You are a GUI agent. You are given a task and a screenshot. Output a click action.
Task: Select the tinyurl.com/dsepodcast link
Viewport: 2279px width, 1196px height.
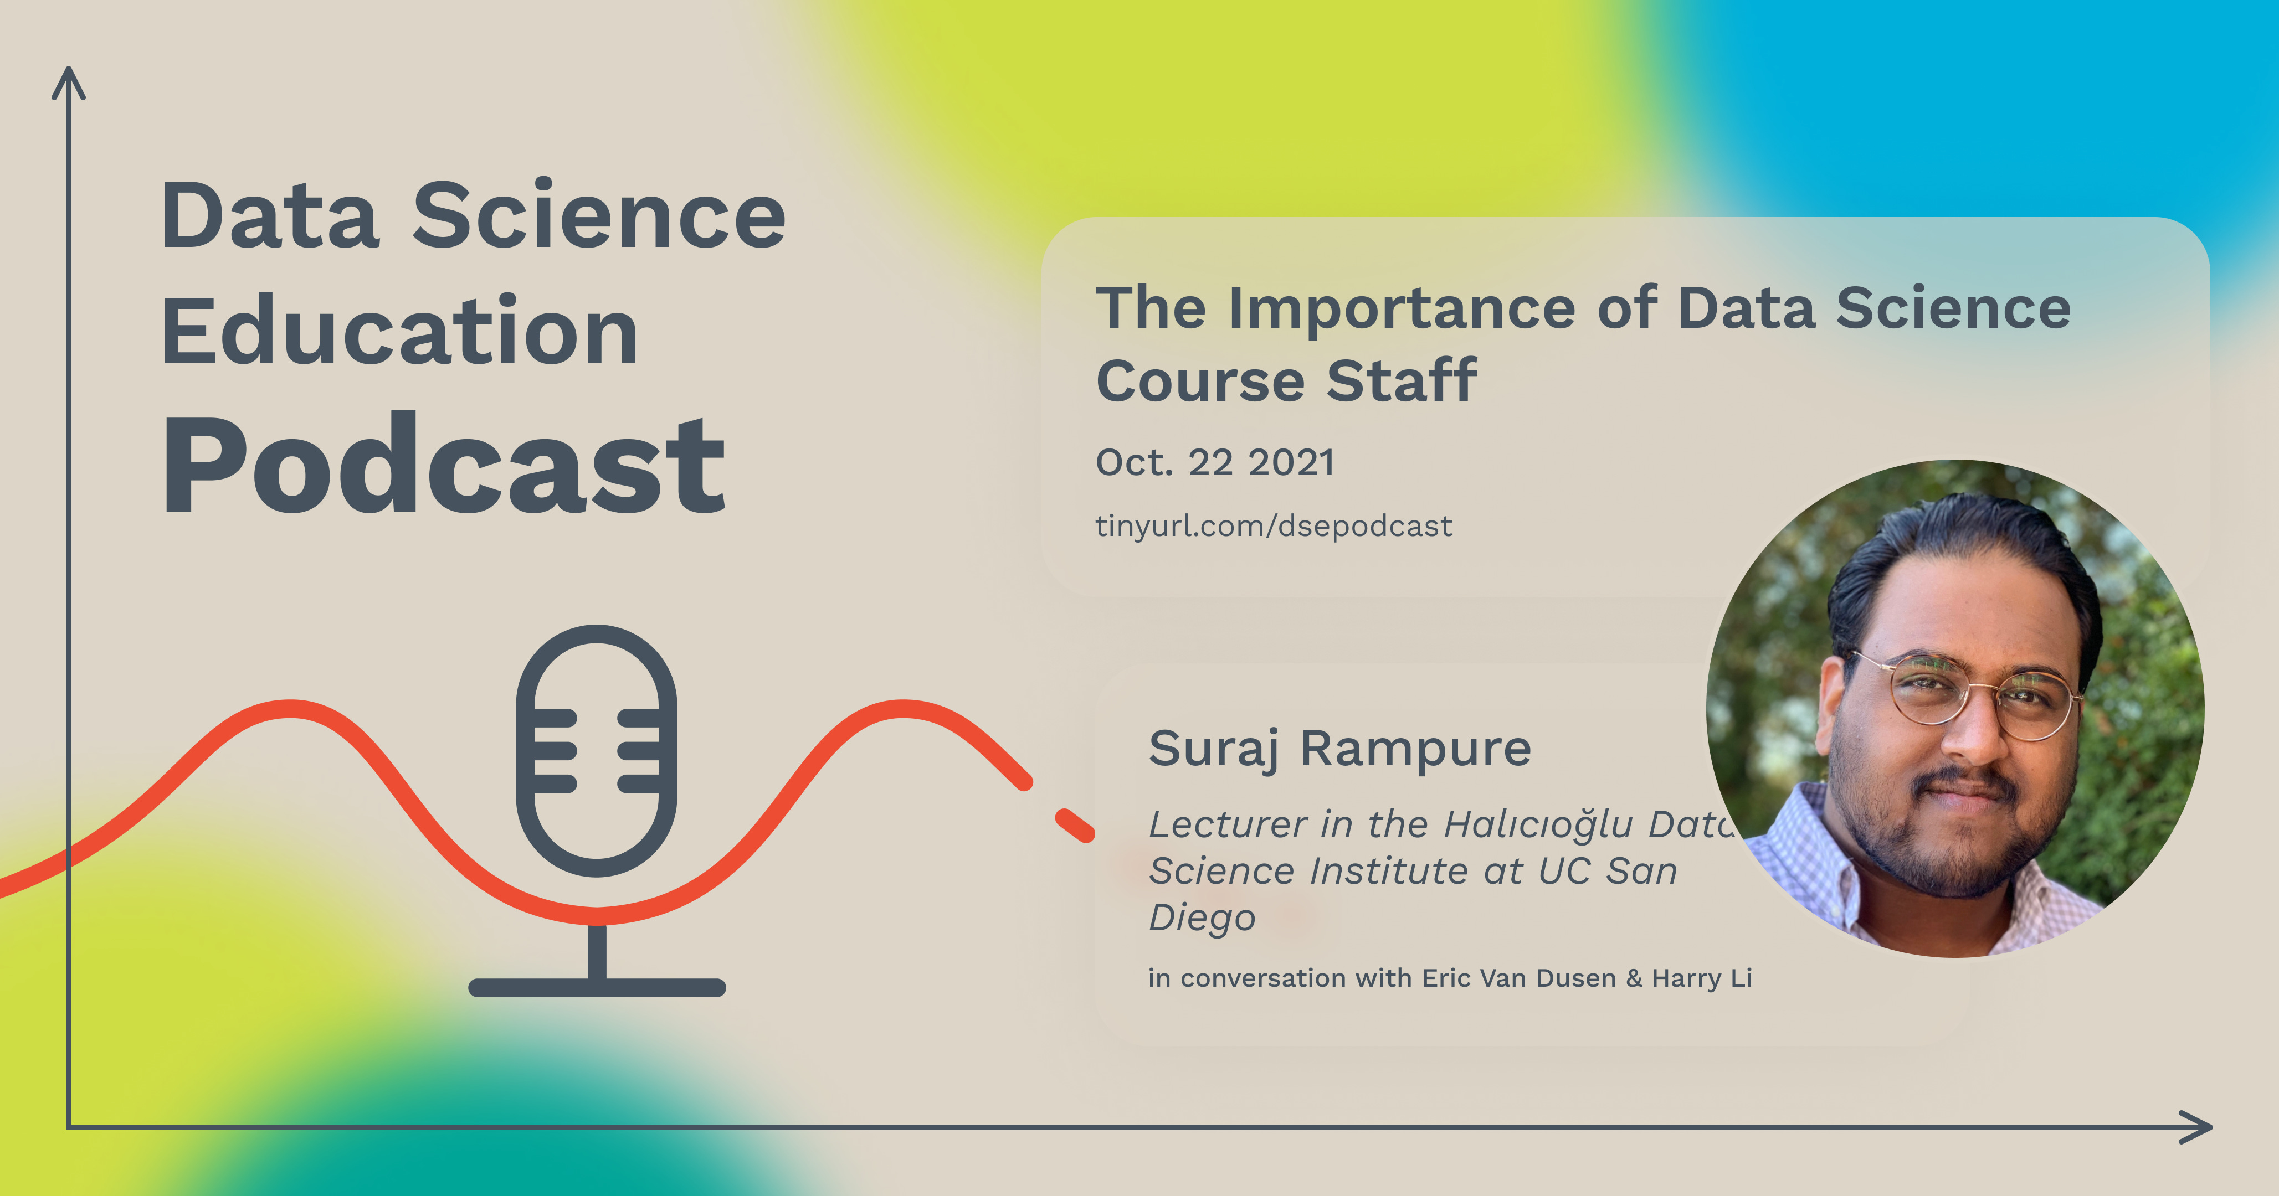pos(1273,527)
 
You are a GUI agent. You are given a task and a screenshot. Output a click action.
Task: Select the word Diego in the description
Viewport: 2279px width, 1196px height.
pos(1202,918)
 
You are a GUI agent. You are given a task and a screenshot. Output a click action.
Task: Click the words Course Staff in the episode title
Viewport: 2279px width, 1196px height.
pos(1286,382)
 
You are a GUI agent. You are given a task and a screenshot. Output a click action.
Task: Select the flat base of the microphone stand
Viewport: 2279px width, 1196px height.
pos(596,987)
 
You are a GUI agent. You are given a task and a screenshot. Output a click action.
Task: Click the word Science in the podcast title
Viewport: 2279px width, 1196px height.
pos(598,216)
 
